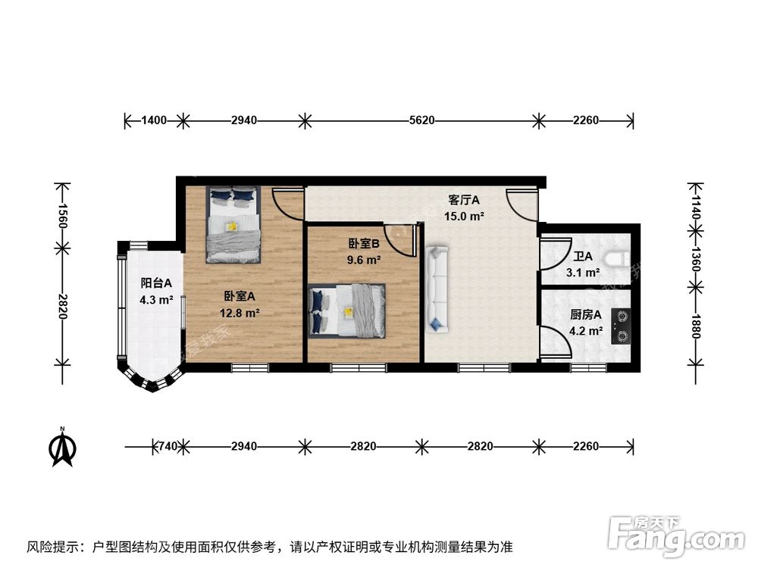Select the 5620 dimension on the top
(x=421, y=120)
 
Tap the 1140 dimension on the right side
(x=696, y=204)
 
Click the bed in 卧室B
(x=347, y=310)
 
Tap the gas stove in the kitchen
(x=622, y=326)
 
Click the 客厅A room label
(x=464, y=201)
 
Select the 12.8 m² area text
(x=242, y=312)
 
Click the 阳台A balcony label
(x=157, y=283)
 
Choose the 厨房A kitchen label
(x=586, y=315)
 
